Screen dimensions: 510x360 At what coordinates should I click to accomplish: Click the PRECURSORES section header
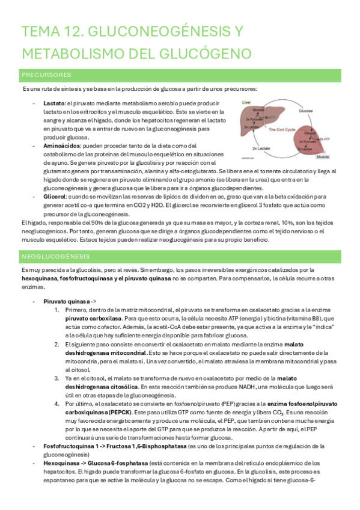[x=46, y=75]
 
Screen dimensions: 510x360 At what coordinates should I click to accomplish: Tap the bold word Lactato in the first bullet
[x=54, y=103]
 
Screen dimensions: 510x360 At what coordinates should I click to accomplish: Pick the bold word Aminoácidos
[x=61, y=146]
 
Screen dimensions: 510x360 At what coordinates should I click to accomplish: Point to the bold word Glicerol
[x=56, y=196]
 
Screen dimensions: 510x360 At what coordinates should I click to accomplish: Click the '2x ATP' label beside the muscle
[x=325, y=138]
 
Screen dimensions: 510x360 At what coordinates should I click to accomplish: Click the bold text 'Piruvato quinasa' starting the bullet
[x=67, y=301]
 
